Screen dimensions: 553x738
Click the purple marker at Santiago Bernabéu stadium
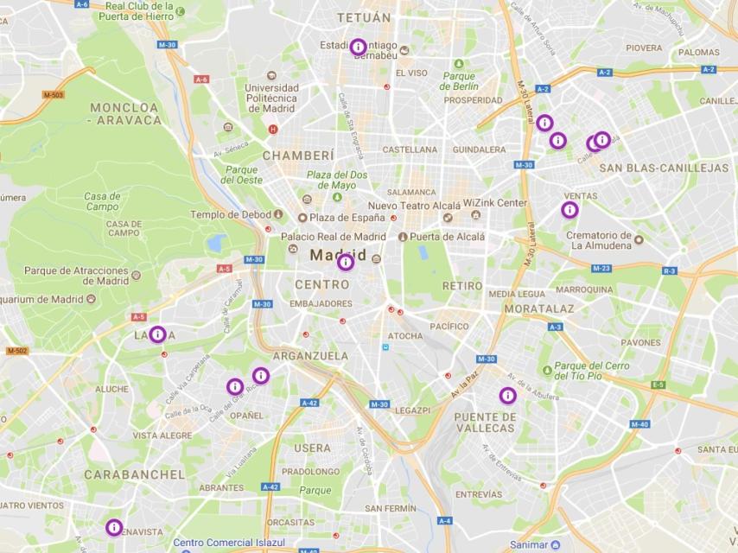[359, 47]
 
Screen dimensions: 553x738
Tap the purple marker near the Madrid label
[346, 262]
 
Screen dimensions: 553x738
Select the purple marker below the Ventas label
[569, 210]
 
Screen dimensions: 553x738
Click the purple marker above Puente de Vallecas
[508, 396]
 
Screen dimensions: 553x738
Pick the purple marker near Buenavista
[114, 527]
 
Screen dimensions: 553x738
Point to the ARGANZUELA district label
[310, 356]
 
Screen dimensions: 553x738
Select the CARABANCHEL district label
[134, 474]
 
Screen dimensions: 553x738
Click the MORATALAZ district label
[539, 308]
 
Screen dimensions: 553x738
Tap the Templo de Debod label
[231, 214]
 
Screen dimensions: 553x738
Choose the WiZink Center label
[494, 203]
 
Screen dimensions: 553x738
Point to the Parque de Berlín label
[458, 80]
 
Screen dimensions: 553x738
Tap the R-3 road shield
[669, 270]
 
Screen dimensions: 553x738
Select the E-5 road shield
[658, 385]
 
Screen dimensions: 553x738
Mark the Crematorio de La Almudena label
[600, 240]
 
